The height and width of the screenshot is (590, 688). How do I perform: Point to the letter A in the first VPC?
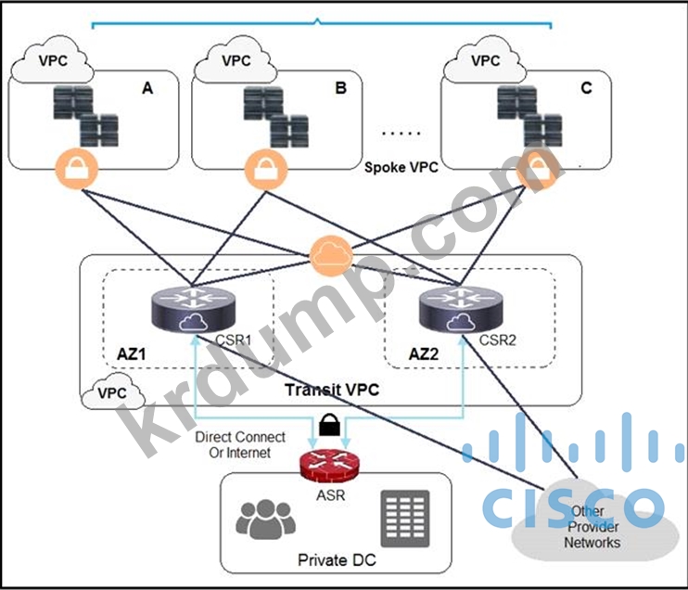(x=147, y=89)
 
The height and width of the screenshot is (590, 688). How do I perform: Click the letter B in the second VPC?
(x=340, y=89)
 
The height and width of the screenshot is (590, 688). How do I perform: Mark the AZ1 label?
(x=135, y=355)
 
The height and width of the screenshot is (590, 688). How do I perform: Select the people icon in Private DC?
(x=264, y=519)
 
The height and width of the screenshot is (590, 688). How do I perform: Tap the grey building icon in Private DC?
(x=401, y=518)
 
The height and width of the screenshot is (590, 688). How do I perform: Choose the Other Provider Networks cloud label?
(x=592, y=527)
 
